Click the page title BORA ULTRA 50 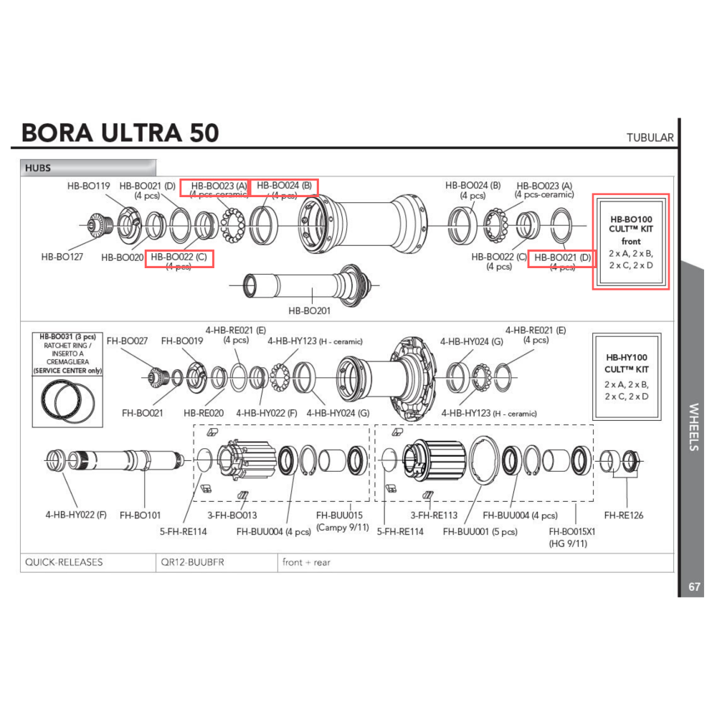120,133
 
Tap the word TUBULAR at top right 650,138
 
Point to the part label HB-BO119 88,186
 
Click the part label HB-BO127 62,256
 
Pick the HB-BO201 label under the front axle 309,310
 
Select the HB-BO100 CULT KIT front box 630,241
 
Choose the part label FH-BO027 127,341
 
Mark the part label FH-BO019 182,341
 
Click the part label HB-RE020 204,413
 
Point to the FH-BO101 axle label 141,514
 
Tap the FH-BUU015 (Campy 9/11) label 342,521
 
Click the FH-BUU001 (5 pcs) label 480,531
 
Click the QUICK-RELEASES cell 64,562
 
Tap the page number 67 694,587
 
